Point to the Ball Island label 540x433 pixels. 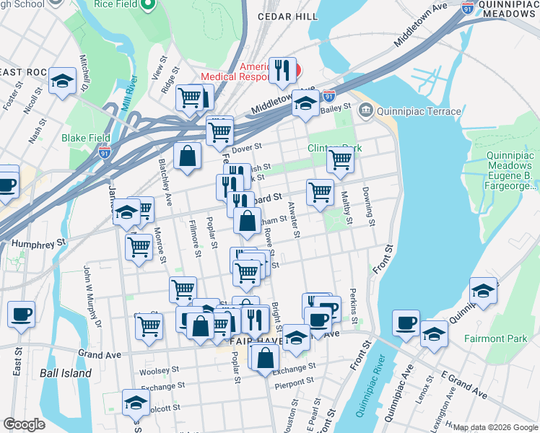pos(66,373)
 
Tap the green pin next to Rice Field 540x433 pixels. pos(149,6)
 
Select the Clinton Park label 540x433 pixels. pos(334,147)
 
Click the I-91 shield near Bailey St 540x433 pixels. pos(329,95)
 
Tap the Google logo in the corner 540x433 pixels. pos(24,424)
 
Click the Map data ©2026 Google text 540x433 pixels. pos(495,427)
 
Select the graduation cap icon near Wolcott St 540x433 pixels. pos(136,401)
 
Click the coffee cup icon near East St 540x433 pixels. pos(22,314)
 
